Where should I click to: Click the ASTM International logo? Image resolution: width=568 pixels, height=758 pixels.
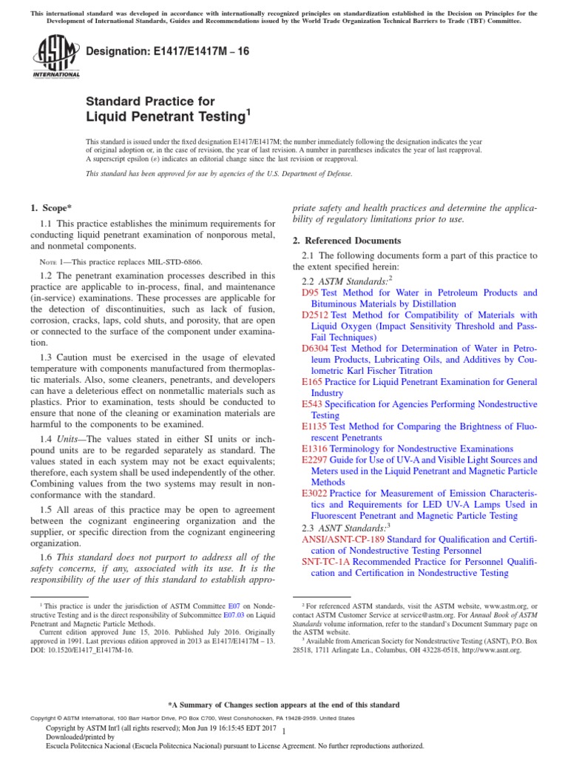[56, 58]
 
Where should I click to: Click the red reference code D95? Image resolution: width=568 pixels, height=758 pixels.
[310, 293]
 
